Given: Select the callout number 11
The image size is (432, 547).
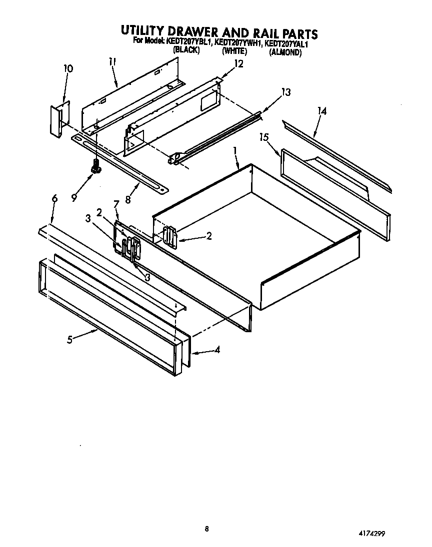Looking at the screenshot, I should [112, 62].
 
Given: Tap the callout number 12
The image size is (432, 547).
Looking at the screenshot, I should [238, 63].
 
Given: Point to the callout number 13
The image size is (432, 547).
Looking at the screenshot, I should [285, 92].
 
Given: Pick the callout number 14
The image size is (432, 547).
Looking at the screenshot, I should [322, 111].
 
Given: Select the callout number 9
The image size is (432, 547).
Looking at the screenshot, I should [74, 197].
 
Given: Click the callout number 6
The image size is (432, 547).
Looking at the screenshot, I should [54, 198].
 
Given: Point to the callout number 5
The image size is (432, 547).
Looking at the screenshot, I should [70, 339].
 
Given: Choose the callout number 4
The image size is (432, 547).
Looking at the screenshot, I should [216, 350].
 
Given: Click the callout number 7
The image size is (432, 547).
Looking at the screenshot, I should [116, 204].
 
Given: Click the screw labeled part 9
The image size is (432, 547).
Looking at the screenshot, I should [95, 168].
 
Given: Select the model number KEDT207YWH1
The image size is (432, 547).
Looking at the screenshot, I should [238, 43].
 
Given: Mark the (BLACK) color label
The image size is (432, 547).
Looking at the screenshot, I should [186, 51].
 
